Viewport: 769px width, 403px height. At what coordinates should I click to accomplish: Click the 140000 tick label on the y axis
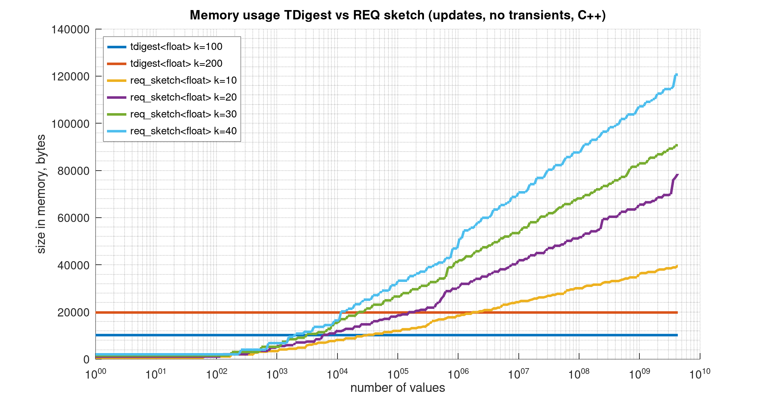(70, 29)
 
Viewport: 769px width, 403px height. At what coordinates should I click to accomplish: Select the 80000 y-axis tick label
(73, 171)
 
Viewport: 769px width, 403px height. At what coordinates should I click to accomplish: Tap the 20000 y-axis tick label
(73, 312)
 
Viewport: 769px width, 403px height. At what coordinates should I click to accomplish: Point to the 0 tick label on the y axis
(86, 360)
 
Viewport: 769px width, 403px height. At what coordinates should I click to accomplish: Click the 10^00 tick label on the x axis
(95, 374)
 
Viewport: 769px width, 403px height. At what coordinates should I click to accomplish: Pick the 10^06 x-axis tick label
(458, 374)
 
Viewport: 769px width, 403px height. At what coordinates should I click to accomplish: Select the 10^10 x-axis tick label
(700, 374)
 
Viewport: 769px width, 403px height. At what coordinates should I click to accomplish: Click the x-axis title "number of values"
(397, 388)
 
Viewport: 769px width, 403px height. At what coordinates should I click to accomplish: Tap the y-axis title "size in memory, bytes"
(41, 194)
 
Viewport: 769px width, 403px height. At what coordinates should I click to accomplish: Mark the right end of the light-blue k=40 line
(677, 74)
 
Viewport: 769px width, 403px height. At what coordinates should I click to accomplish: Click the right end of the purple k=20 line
(677, 175)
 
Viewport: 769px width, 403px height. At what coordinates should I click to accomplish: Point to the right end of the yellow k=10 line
(677, 266)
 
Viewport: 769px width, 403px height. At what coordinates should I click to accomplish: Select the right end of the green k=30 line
(677, 145)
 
